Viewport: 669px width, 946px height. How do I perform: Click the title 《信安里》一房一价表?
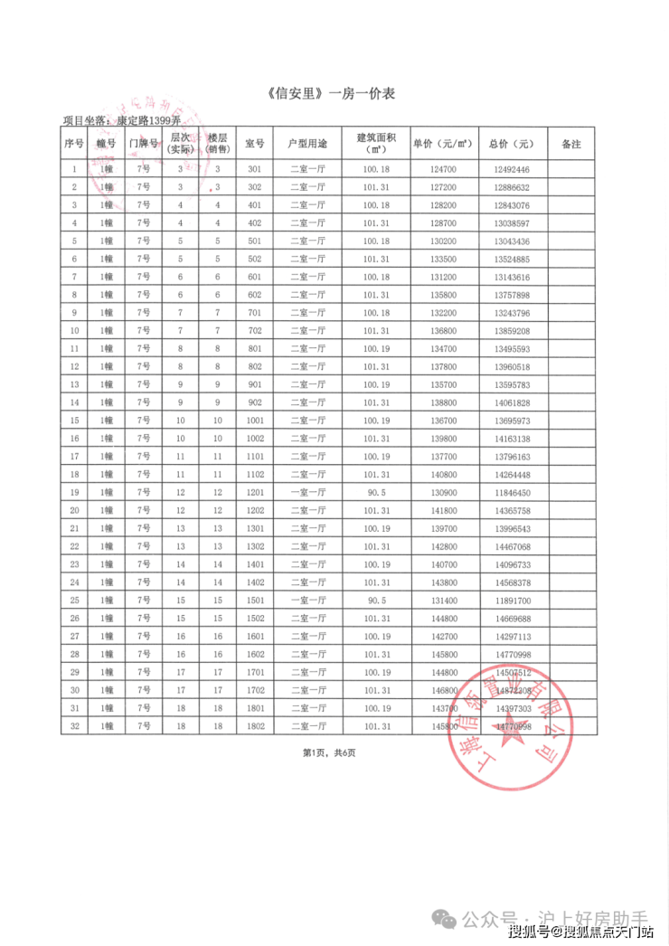tap(334, 94)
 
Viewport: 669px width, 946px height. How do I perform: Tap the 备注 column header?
tap(570, 144)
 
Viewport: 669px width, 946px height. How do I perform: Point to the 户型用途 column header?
tap(307, 144)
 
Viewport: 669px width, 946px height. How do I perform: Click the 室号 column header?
tap(254, 144)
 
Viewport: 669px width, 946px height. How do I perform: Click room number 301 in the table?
tap(254, 170)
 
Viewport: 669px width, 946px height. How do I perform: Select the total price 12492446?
tap(512, 170)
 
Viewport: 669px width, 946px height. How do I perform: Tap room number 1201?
tap(254, 492)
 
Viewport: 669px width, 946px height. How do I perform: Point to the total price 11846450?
tap(512, 492)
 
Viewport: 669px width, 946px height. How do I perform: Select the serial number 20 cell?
tap(74, 510)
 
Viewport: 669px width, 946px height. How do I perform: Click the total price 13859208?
tap(512, 331)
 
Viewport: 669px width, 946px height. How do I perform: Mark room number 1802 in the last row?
tap(254, 726)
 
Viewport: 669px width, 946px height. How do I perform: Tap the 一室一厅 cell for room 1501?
tap(307, 601)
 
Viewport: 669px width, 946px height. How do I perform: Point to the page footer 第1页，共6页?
tap(329, 752)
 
